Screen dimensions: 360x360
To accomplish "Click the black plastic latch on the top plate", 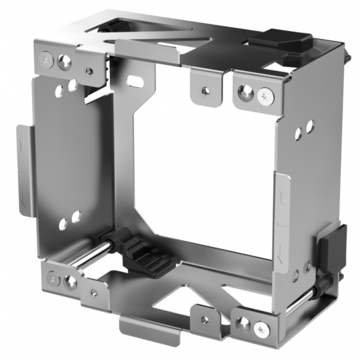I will pos(280,43).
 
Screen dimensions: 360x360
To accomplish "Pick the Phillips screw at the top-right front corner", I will pos(265,94).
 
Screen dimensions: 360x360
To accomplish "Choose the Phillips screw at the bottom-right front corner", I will pos(262,328).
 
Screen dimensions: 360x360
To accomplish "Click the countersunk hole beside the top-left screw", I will pos(64,61).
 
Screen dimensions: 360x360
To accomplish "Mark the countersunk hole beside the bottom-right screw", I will pos(243,325).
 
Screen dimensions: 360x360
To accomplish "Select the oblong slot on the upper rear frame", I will pos(137,80).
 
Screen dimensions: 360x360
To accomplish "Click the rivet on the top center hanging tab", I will pos(205,91).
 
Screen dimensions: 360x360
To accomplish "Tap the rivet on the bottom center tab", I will pos(204,320).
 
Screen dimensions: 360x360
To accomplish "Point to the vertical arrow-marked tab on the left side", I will pos(25,171).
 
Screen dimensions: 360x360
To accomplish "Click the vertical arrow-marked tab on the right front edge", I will pos(281,216).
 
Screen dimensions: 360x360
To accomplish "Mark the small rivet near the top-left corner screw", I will pos(89,71).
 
